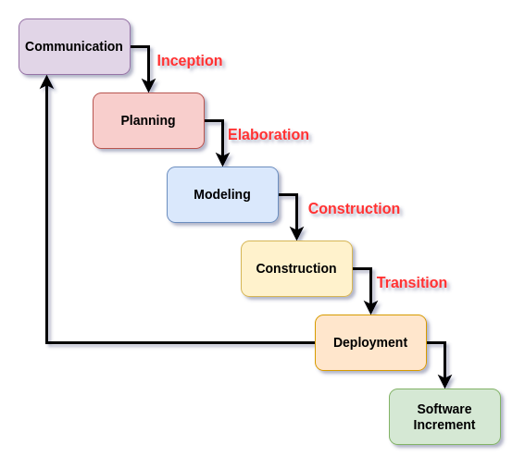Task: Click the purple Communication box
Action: coord(74,46)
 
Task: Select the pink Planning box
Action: coord(149,120)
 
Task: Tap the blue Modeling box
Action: coord(222,194)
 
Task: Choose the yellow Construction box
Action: coord(296,268)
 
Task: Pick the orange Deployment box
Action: coord(370,342)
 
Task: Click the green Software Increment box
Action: coord(444,416)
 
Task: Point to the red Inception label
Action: coord(190,61)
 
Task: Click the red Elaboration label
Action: coord(269,135)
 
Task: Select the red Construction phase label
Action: coord(354,209)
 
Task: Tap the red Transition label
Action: coord(412,283)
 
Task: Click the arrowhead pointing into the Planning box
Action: coord(149,86)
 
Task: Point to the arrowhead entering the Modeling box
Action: coord(222,159)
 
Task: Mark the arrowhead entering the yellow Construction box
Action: coord(296,233)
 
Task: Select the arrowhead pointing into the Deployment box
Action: coord(370,307)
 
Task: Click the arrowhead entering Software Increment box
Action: coord(444,382)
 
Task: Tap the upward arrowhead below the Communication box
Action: coord(47,81)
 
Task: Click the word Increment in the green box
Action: coord(444,425)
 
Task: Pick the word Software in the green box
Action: coord(444,409)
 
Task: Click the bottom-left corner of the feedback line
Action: coord(47,342)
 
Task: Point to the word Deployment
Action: coord(370,342)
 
